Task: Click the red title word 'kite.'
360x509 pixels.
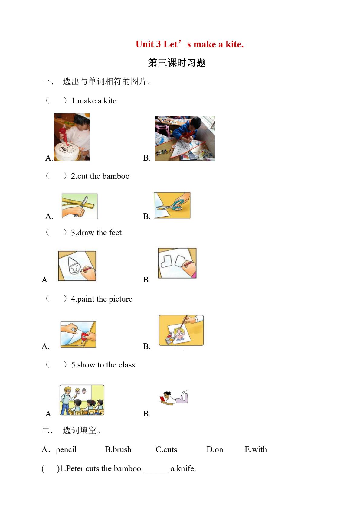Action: tap(234, 44)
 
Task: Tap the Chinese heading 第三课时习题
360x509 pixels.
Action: tap(177, 63)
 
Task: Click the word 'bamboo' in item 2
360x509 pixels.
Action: tap(116, 176)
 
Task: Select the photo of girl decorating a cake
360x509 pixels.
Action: tap(72, 137)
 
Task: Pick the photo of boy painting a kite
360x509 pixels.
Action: tap(185, 139)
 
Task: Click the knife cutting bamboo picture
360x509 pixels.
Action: tap(80, 206)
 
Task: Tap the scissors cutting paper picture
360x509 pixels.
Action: tap(172, 205)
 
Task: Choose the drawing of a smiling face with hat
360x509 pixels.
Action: tap(77, 266)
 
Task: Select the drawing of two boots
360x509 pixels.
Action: tap(177, 263)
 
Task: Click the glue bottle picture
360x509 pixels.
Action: tap(78, 334)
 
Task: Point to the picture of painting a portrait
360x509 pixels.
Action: tap(181, 330)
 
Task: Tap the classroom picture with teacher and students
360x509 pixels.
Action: tap(82, 400)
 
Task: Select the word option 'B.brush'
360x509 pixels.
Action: tap(118, 449)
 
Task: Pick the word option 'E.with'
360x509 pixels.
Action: tap(256, 449)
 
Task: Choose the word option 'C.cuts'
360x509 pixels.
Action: tap(166, 449)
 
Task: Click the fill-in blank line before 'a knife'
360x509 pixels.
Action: tap(156, 473)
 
